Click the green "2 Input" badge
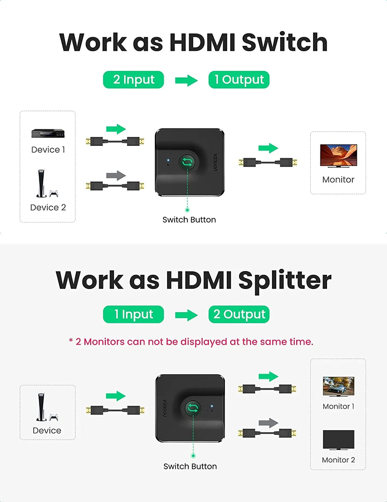click(133, 80)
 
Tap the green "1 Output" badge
click(239, 80)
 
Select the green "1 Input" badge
click(133, 314)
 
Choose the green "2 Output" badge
click(239, 314)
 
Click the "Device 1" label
click(48, 150)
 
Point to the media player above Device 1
click(48, 134)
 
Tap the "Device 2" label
click(48, 207)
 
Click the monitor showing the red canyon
click(338, 155)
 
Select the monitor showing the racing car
click(338, 386)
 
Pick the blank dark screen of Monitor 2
click(338, 439)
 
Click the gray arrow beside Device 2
click(116, 175)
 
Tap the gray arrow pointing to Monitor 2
click(268, 423)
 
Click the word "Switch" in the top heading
click(284, 43)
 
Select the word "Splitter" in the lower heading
click(285, 280)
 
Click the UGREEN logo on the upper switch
click(215, 162)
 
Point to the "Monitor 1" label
click(338, 406)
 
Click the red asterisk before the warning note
click(71, 341)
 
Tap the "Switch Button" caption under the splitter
click(190, 466)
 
